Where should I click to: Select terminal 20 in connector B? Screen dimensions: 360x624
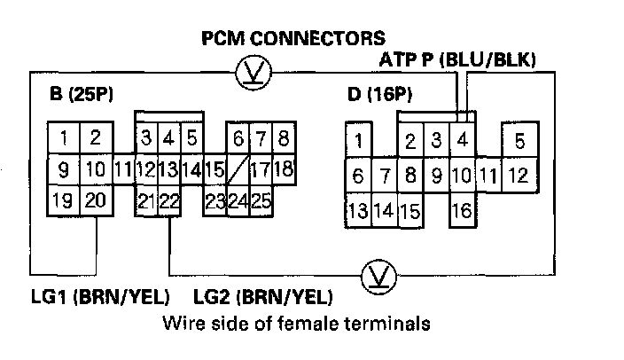tap(95, 200)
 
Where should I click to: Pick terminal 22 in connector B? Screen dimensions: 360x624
tap(169, 200)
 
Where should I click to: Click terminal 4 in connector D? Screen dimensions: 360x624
tap(462, 140)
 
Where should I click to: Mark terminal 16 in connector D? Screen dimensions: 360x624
tap(462, 211)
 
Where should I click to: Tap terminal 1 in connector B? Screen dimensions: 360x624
tap(64, 138)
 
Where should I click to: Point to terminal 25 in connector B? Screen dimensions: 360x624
tap(260, 200)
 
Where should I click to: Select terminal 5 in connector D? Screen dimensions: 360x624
tap(519, 140)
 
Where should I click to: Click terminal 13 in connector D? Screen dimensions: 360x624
tap(358, 211)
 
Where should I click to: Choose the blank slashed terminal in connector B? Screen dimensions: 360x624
tap(237, 168)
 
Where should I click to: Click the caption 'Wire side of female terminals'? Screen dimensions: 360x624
tap(297, 324)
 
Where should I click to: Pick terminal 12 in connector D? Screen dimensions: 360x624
tap(519, 175)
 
